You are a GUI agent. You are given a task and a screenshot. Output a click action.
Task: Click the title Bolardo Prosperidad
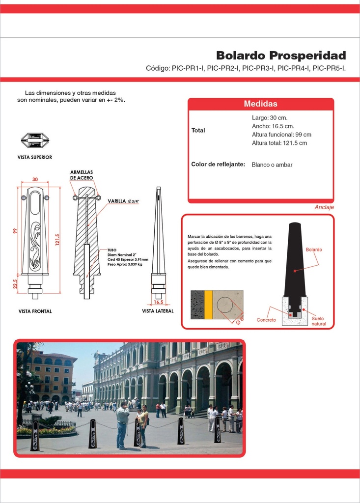pyautogui.click(x=281, y=56)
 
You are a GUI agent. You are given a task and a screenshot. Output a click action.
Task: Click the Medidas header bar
pyautogui.click(x=261, y=104)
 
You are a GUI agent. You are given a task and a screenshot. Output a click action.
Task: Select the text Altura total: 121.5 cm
pyautogui.click(x=279, y=143)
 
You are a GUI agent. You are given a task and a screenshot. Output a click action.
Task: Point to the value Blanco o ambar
pyautogui.click(x=272, y=165)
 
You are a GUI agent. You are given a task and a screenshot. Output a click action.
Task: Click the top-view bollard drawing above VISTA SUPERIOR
pyautogui.click(x=35, y=140)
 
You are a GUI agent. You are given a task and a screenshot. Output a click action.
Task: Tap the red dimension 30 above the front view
pyautogui.click(x=35, y=179)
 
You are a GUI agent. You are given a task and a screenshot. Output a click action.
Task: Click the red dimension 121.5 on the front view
pyautogui.click(x=57, y=240)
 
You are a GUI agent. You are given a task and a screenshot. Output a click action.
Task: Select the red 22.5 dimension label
pyautogui.click(x=15, y=284)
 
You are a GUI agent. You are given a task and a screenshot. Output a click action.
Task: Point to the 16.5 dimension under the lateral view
pyautogui.click(x=158, y=302)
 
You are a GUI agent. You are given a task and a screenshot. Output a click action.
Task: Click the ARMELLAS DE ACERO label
pyautogui.click(x=82, y=175)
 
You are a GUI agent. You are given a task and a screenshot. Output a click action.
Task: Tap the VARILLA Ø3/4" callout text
pyautogui.click(x=123, y=201)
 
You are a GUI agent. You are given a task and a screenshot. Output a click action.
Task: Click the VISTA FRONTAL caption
pyautogui.click(x=35, y=311)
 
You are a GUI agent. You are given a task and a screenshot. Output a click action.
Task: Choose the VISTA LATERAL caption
pyautogui.click(x=158, y=311)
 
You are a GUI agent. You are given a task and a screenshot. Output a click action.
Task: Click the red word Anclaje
pyautogui.click(x=324, y=207)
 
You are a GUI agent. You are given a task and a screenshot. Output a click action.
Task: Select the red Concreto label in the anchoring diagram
pyautogui.click(x=266, y=320)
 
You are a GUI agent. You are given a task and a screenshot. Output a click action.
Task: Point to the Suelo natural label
pyautogui.click(x=318, y=321)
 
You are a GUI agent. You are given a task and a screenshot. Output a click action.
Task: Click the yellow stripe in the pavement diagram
pyautogui.click(x=209, y=305)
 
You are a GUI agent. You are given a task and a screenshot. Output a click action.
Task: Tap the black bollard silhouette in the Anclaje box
pyautogui.click(x=295, y=260)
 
